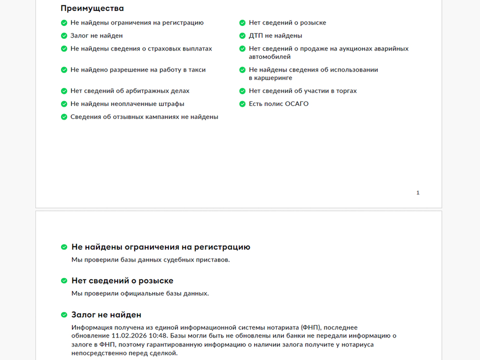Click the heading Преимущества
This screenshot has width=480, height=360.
point(92,8)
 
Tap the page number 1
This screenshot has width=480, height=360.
point(418,193)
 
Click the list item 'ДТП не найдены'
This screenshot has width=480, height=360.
point(275,36)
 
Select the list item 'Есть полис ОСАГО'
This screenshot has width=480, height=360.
point(278,104)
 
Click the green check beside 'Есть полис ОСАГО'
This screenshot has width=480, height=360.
point(242,104)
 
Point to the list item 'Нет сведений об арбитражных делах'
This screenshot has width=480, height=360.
point(129,91)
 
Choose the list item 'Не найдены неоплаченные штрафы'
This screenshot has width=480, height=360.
point(127,104)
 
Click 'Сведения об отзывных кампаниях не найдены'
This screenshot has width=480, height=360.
point(144,117)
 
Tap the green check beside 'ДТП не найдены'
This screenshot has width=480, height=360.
point(242,36)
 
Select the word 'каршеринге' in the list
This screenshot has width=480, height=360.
point(270,78)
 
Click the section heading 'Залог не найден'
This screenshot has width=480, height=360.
point(106,314)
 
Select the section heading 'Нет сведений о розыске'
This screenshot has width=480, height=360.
point(122,281)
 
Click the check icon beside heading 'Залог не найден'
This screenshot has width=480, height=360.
point(64,315)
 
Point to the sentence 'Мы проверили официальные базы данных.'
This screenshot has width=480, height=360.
point(140,293)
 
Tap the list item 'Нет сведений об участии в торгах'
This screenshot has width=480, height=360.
point(302,91)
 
